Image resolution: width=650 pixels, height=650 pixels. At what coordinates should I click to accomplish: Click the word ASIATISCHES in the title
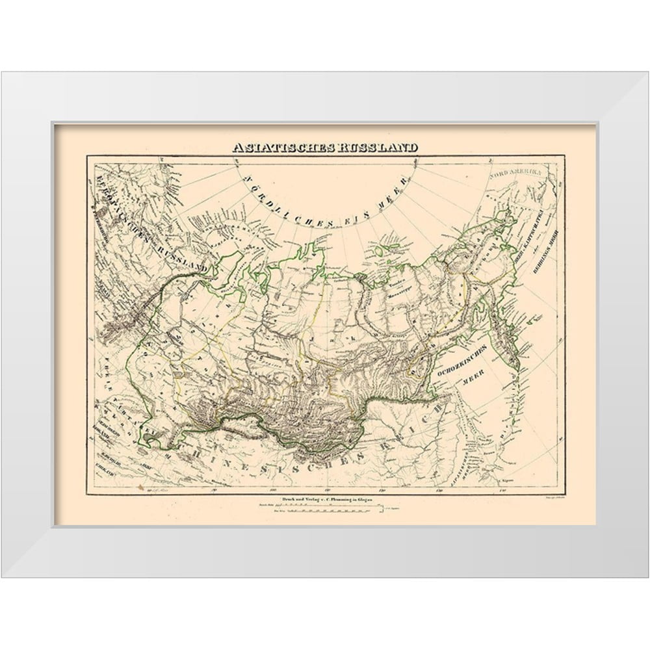[x=283, y=148]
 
